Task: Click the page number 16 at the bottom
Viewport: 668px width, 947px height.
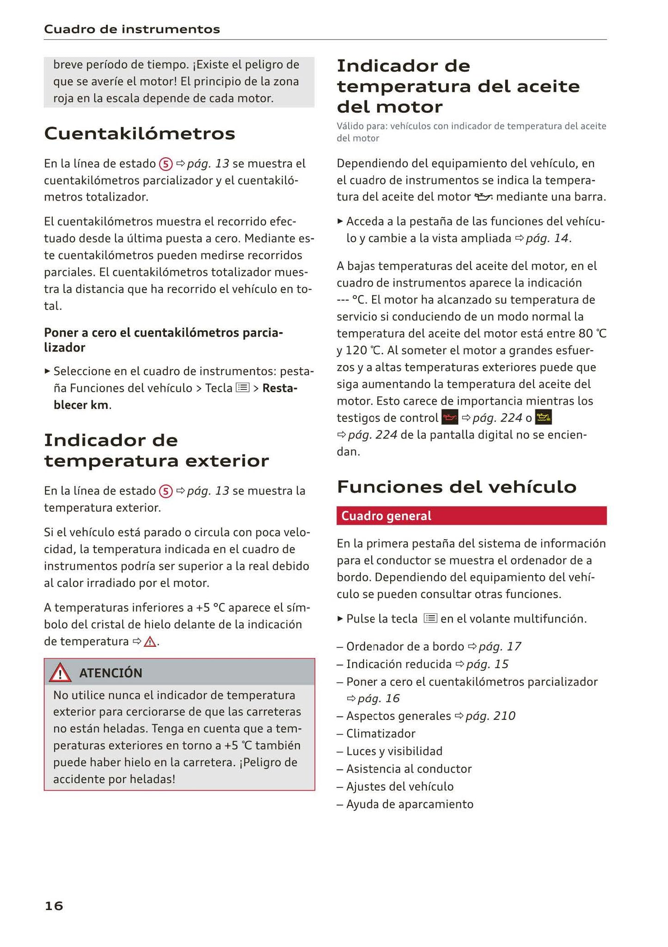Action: coord(54,905)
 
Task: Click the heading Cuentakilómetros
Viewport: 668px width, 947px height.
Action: coord(140,134)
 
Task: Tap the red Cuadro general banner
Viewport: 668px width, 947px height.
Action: coord(471,516)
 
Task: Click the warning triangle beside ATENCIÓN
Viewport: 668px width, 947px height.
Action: coord(60,673)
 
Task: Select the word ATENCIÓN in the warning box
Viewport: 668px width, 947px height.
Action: coord(110,673)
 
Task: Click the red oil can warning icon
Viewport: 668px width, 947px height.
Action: coord(450,418)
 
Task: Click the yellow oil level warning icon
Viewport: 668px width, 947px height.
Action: coord(543,418)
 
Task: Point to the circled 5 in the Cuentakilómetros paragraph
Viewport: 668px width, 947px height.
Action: coord(165,164)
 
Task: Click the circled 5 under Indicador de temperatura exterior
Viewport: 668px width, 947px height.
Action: coord(165,491)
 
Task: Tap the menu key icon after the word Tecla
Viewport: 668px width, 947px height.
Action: coord(243,388)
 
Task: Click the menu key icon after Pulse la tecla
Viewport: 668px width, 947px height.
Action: coord(430,618)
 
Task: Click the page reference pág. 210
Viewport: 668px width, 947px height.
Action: coord(490,716)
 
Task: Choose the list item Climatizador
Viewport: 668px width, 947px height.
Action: coord(380,733)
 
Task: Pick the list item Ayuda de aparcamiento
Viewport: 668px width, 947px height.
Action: coord(410,804)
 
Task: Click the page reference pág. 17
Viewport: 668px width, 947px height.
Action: coord(500,646)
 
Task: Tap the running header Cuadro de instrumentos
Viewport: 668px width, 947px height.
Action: coord(132,30)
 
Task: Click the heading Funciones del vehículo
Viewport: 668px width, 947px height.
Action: coord(456,486)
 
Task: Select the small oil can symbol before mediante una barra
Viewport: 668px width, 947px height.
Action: coord(483,197)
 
